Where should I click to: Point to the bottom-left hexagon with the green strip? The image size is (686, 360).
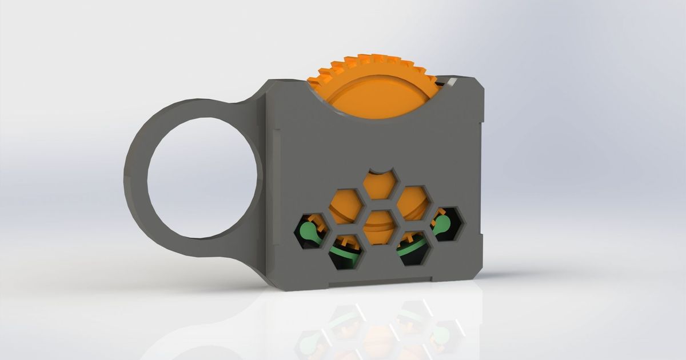346,251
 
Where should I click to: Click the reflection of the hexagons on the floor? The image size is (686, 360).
377,331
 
